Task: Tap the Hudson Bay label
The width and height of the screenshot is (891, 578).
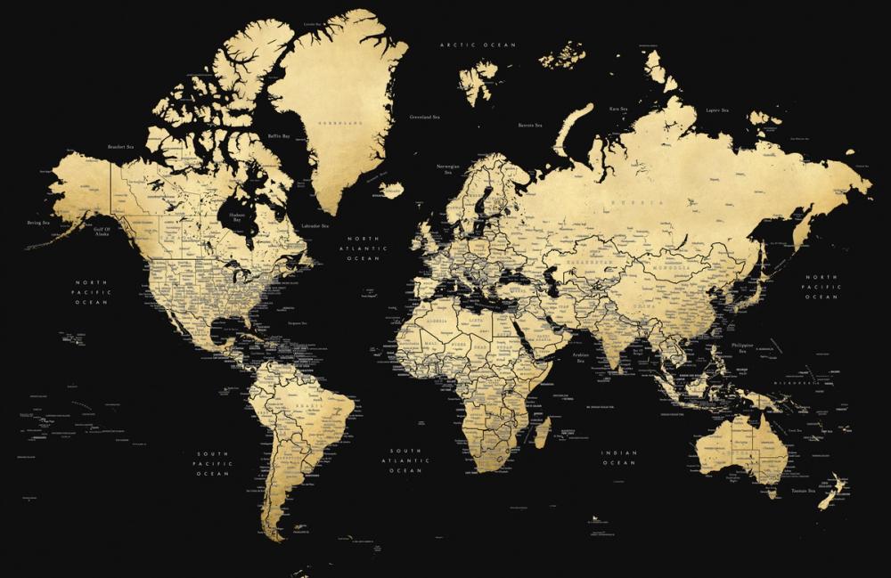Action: click(x=237, y=217)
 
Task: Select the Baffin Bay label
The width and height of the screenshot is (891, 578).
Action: click(x=279, y=136)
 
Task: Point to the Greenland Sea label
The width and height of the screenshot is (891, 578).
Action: click(x=424, y=117)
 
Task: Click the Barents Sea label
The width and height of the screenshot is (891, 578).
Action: click(x=531, y=126)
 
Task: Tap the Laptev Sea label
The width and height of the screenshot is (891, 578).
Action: click(x=717, y=110)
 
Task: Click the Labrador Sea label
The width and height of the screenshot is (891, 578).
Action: click(x=315, y=226)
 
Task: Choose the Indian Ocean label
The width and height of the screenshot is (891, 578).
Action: click(x=619, y=458)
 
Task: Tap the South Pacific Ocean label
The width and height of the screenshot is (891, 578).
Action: click(x=214, y=464)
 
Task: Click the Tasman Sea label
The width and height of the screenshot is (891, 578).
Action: click(x=792, y=491)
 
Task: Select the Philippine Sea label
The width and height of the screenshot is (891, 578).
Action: click(x=741, y=347)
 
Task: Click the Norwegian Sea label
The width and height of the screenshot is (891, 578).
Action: click(x=448, y=168)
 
